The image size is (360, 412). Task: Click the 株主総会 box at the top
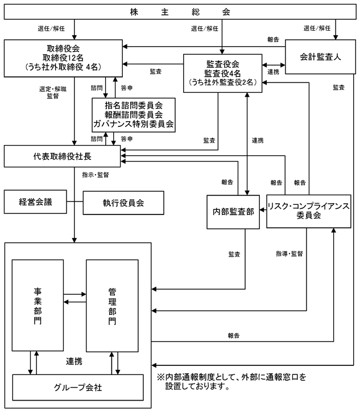tap(180, 12)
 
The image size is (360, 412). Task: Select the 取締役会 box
tap(63, 59)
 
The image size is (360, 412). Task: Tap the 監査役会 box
tap(223, 73)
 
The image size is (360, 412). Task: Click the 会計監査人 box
tap(320, 57)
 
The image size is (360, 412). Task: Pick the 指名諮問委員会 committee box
tap(134, 115)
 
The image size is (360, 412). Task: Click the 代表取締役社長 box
tap(62, 156)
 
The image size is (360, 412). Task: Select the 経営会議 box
tap(35, 202)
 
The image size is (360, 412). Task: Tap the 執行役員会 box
tap(123, 203)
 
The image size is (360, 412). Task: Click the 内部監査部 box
tap(233, 212)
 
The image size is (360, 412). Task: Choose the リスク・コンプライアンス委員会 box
tap(309, 211)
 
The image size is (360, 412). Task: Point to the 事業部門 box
tap(38, 306)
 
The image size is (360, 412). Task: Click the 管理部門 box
tap(112, 306)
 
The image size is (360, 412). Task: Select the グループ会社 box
tap(78, 388)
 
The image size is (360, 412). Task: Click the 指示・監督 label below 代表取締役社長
tap(96, 175)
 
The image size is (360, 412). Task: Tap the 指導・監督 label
tap(289, 254)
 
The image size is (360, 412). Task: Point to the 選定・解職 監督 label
tap(53, 93)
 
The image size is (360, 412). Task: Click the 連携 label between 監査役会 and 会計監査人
tap(274, 72)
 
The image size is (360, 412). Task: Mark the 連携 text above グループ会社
tap(74, 361)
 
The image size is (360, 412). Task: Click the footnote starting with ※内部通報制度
tap(231, 381)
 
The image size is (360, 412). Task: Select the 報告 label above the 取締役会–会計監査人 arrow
tap(274, 39)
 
